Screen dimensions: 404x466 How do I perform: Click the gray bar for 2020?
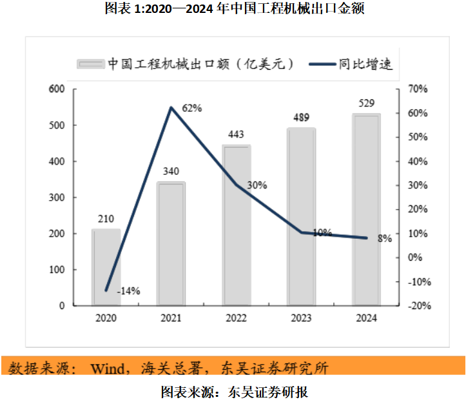[106, 267]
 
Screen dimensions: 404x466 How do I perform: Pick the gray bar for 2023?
[302, 216]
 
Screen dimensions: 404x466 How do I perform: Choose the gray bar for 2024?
[366, 209]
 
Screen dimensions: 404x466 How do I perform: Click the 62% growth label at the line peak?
[192, 108]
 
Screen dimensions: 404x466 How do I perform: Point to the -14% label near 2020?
[128, 291]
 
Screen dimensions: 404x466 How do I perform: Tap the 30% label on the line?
[257, 185]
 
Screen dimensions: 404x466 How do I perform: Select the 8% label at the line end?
[385, 238]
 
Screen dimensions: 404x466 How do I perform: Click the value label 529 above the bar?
[366, 103]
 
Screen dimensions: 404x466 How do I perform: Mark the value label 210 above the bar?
[106, 219]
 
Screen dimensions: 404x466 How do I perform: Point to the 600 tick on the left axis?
[57, 89]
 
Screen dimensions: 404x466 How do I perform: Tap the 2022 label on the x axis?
[237, 318]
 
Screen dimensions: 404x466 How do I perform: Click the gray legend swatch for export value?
[90, 64]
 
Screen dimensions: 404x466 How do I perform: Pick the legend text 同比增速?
[365, 64]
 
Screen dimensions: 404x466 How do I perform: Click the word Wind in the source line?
[111, 369]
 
